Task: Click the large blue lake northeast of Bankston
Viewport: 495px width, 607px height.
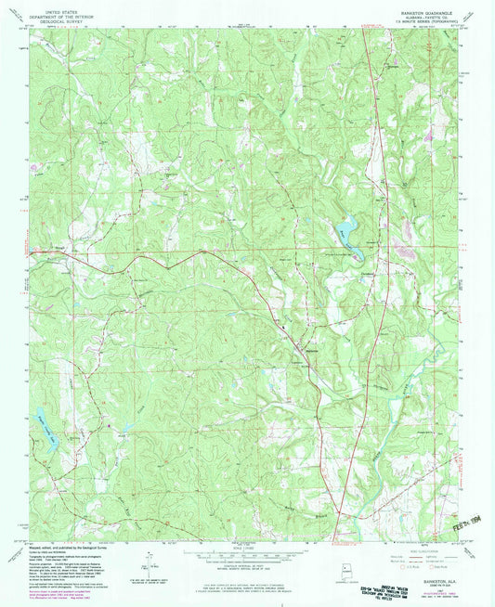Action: click(348, 228)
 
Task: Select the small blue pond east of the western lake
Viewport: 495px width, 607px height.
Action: click(123, 428)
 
